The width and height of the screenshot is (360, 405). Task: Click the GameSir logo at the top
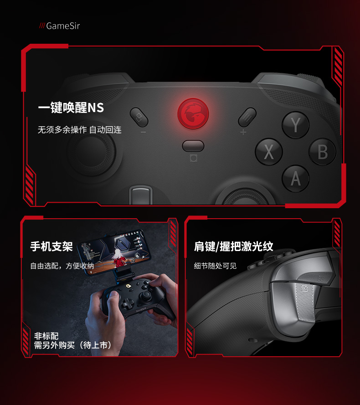click(x=59, y=26)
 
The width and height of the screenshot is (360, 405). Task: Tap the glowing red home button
click(x=193, y=113)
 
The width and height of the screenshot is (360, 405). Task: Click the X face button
click(x=269, y=152)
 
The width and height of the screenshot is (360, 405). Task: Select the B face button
click(x=322, y=152)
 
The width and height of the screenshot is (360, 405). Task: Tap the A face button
click(x=296, y=179)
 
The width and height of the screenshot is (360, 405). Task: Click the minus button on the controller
click(x=139, y=117)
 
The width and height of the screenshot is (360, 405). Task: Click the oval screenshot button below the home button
click(x=193, y=146)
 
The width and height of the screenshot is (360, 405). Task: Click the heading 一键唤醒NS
click(x=71, y=108)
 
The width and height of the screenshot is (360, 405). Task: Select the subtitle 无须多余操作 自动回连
click(x=80, y=130)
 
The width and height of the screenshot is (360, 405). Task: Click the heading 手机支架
click(x=51, y=246)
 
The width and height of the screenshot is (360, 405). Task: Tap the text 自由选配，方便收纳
click(x=62, y=266)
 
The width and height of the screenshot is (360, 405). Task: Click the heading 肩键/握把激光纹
click(x=233, y=246)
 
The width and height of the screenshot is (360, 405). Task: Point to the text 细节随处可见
click(x=215, y=266)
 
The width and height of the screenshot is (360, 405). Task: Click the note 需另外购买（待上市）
click(x=73, y=345)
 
